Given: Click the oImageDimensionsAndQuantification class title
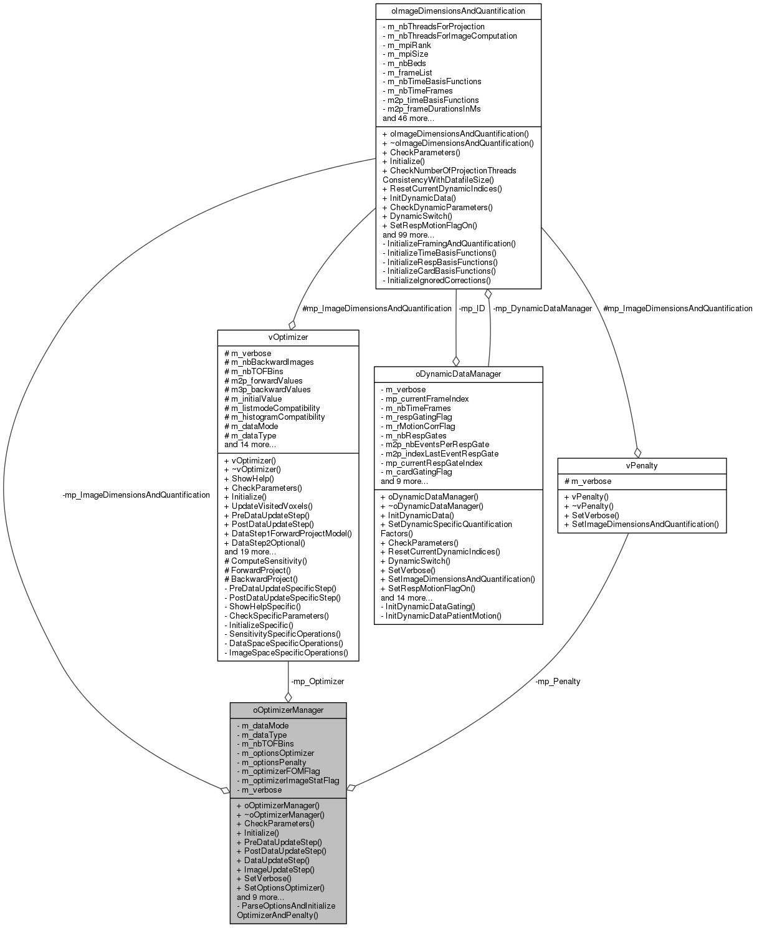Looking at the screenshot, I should pos(458,11).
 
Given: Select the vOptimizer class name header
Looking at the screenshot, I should pos(288,337).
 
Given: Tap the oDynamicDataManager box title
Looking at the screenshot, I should pos(458,374).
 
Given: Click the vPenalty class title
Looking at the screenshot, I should pos(642,465).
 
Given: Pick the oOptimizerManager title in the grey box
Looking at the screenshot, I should pos(288,710).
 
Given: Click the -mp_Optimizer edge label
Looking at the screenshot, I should pos(317,681).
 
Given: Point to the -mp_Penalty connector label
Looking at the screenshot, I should pos(557,681).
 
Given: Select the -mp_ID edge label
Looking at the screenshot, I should pos(471,308).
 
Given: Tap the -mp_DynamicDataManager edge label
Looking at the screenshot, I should pos(542,308).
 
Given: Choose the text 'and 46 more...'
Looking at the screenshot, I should pos(408,118).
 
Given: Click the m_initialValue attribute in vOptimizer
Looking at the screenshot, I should pos(253,399).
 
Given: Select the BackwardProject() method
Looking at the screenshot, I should pos(260,579).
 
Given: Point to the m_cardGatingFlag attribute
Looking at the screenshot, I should pos(416,471).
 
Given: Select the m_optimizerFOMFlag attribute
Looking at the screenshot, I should pos(278,771).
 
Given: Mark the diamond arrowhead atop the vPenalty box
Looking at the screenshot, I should pos(637,452).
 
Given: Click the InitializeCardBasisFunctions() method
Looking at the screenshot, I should pos(439,271).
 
